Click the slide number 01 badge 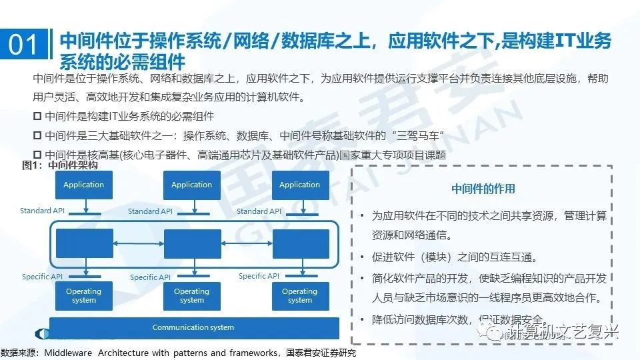coord(24,46)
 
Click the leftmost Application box coord(83,185)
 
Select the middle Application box coord(191,185)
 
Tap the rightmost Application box coord(299,185)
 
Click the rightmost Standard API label coord(261,211)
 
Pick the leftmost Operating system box coord(83,295)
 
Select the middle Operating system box coord(191,295)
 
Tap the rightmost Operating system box coord(299,295)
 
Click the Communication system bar coord(193,327)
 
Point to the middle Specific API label coord(151,277)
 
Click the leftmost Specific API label coord(43,276)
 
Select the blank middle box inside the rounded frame coord(192,243)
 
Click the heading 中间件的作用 coord(483,189)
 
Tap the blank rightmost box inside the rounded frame coord(301,243)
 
